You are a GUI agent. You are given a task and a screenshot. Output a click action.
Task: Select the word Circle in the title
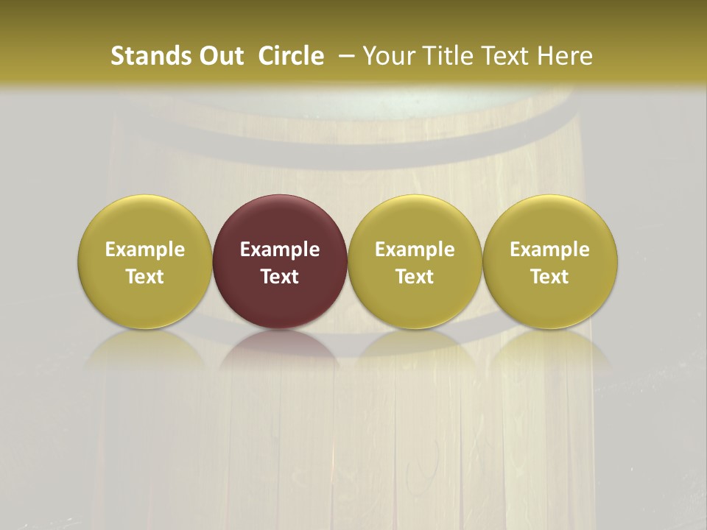[x=291, y=56]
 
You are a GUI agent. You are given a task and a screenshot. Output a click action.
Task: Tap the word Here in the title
[x=564, y=56]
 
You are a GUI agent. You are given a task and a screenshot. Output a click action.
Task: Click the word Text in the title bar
[x=505, y=56]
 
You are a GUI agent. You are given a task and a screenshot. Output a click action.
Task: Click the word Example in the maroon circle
[x=280, y=250]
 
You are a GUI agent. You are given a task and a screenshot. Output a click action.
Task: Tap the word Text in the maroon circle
[x=280, y=277]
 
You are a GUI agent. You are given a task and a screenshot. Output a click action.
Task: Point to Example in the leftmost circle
[x=145, y=250]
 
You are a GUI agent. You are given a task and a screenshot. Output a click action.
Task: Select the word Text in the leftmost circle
[x=145, y=277]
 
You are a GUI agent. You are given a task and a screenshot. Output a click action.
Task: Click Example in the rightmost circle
[x=550, y=250]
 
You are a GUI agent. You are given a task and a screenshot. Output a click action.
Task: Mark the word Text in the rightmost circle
[x=550, y=277]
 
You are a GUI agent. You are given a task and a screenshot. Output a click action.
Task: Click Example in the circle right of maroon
[x=415, y=250]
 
